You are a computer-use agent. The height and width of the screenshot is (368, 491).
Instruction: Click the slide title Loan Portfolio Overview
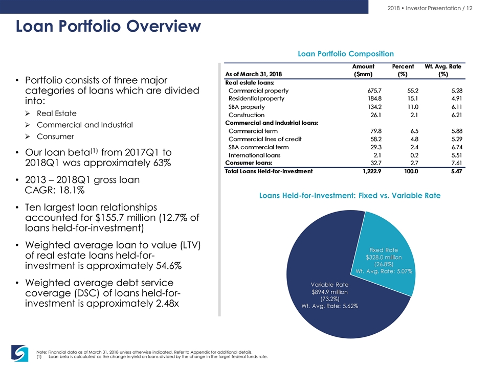108,26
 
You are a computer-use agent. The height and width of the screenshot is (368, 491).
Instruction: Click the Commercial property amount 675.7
374,91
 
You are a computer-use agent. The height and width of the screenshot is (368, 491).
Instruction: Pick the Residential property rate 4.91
457,99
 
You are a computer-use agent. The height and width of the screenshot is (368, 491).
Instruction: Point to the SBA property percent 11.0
413,107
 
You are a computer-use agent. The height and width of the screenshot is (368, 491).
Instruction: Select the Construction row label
247,115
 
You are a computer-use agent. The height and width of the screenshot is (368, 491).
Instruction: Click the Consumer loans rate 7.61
457,163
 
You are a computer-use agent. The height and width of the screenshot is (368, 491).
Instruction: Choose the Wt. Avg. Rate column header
443,70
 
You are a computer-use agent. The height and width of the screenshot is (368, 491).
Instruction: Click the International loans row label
254,155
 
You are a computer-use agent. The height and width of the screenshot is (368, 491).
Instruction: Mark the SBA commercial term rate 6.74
457,147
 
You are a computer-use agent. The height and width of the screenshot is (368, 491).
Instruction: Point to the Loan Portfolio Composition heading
346,54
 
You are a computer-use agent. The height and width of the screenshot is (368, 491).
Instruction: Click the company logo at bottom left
20,353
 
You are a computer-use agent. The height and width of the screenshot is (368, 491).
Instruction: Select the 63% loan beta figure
162,163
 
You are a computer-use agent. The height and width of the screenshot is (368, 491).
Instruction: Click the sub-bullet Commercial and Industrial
84,125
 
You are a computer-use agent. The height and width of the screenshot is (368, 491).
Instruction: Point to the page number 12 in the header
469,8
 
